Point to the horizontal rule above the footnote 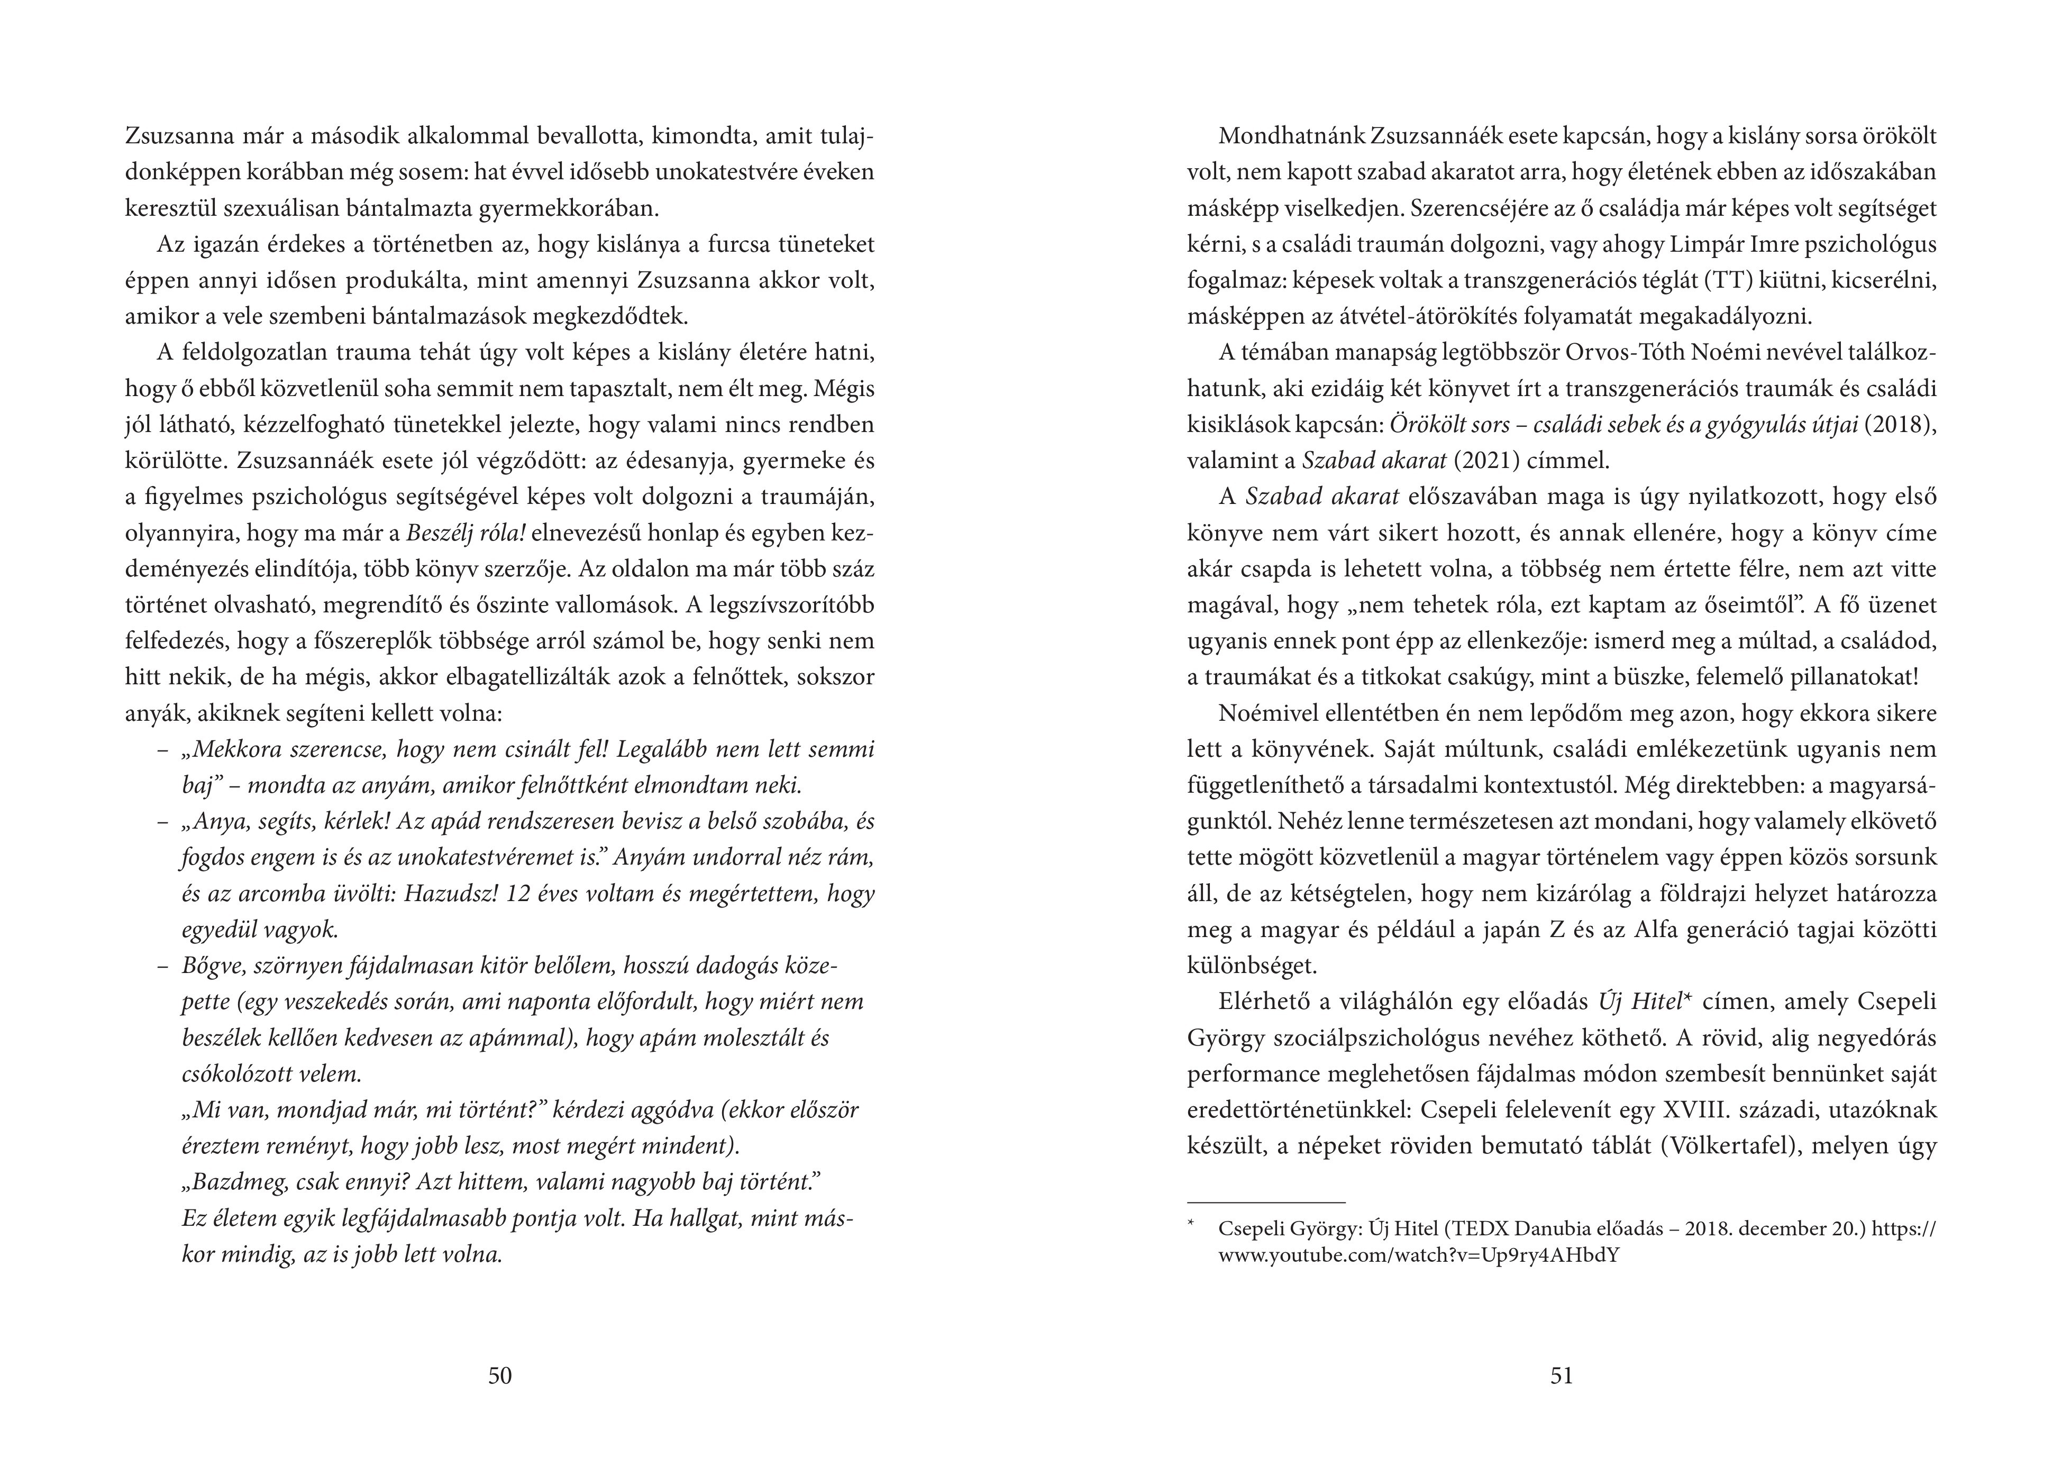pos(1265,1202)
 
